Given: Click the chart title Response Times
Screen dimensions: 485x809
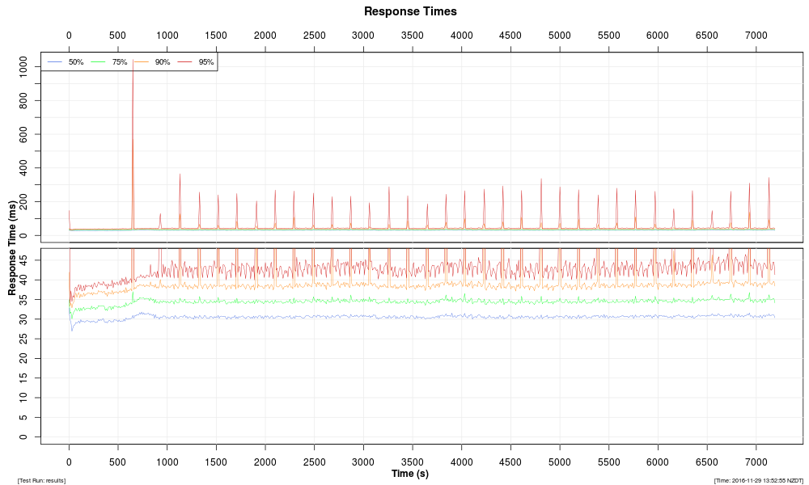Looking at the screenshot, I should [x=410, y=11].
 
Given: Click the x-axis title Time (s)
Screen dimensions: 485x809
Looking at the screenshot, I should [x=410, y=474].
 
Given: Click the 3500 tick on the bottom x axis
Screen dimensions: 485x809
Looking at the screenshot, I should [x=413, y=462].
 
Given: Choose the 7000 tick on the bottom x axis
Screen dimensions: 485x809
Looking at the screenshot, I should [x=756, y=462].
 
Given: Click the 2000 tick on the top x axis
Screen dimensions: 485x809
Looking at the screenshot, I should [x=265, y=36].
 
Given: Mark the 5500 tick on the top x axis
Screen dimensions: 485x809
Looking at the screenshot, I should [x=608, y=36].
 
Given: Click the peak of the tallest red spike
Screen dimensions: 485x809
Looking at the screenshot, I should [x=133, y=59].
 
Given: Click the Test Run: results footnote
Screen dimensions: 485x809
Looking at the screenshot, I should [x=41, y=480].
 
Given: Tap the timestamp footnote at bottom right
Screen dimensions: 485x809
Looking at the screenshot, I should [x=758, y=480].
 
